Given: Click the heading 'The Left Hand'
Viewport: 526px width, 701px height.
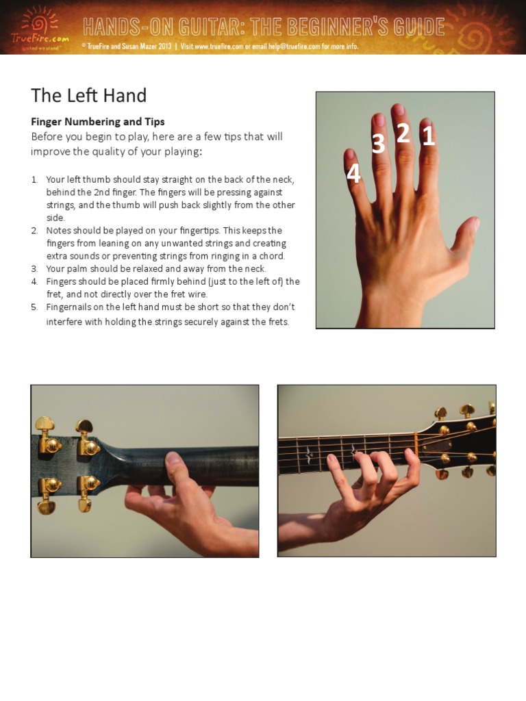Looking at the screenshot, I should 88,95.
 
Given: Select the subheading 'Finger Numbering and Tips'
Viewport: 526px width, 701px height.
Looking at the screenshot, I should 98,122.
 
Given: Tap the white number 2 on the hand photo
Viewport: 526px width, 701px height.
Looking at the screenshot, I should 403,133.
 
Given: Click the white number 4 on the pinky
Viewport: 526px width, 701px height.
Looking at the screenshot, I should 353,175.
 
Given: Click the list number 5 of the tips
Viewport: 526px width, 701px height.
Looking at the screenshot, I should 34,307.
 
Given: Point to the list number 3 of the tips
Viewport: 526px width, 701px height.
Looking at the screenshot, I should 34,269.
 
